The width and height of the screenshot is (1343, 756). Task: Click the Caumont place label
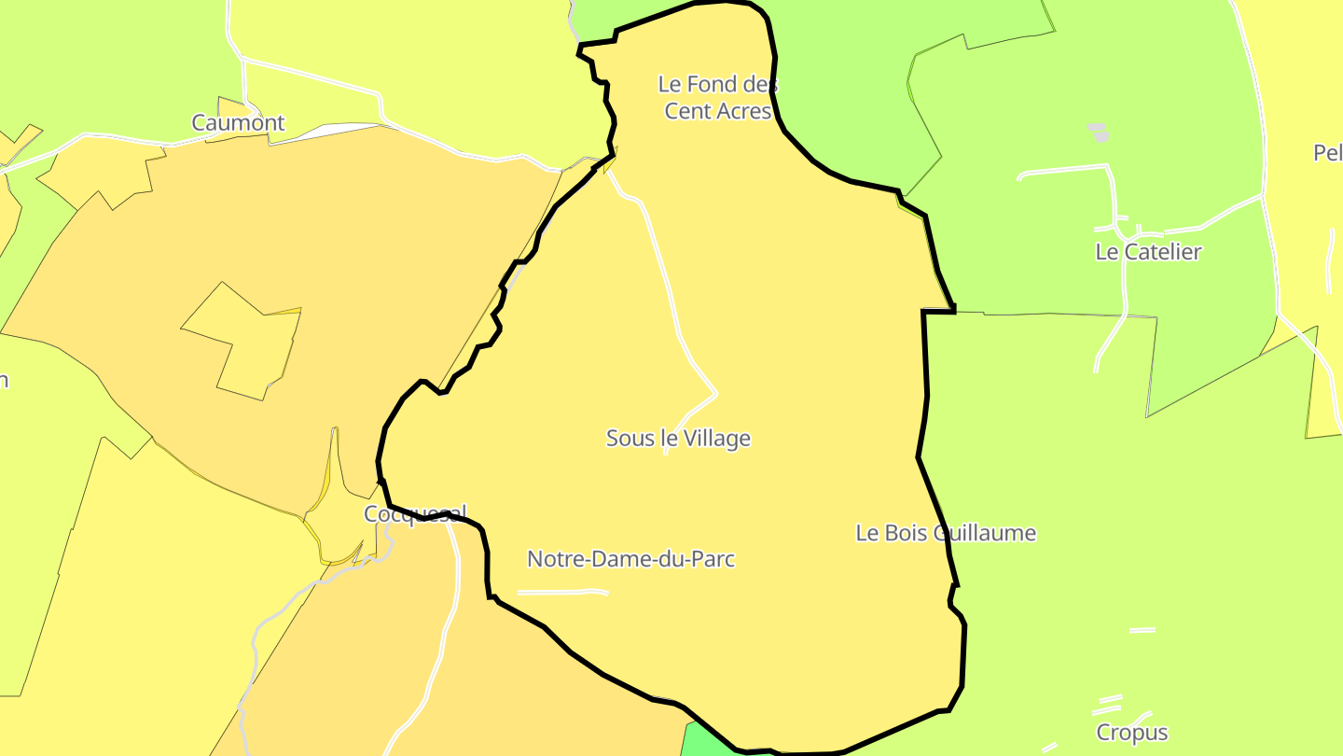(238, 122)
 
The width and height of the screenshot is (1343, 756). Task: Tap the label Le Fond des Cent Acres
(718, 97)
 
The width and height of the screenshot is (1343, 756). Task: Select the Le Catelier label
(1148, 251)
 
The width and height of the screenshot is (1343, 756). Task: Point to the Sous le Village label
(678, 438)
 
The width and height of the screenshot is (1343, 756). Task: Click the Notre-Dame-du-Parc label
(630, 559)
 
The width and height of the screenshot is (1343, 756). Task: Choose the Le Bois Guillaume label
(946, 533)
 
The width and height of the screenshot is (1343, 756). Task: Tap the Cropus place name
(1132, 733)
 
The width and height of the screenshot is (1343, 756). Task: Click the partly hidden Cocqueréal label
(414, 513)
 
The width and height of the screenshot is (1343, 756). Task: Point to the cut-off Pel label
(1328, 152)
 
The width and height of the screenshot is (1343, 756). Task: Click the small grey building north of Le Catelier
(1099, 132)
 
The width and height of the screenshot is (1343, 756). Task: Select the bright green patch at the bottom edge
(709, 741)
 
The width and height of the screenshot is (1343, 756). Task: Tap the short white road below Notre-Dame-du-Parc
(562, 592)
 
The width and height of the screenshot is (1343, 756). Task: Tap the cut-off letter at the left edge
(4, 380)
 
